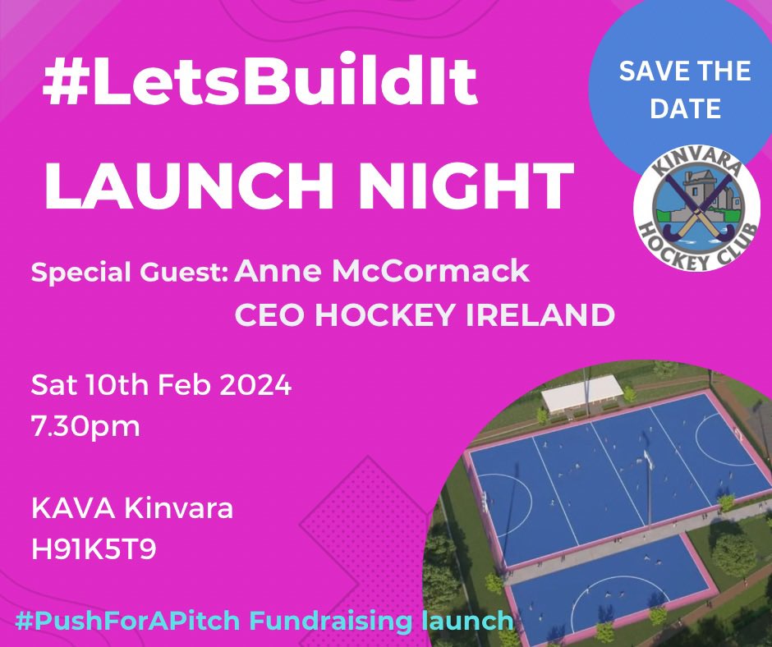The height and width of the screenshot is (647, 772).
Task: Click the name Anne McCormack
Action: [x=382, y=272]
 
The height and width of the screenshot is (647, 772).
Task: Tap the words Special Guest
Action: [x=130, y=273]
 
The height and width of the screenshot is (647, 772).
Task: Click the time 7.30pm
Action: [x=85, y=427]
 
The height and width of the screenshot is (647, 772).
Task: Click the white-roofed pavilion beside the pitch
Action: [x=581, y=393]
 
